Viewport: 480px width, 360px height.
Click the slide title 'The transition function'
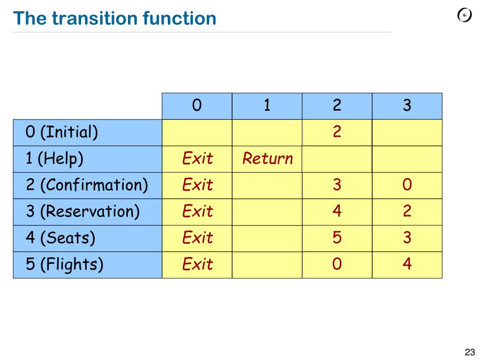(x=115, y=19)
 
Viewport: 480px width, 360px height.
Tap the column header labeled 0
(x=197, y=106)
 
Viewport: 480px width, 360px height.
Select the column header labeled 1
(x=267, y=106)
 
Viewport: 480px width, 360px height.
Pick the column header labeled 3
(x=407, y=106)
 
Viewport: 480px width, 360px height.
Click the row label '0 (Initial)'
(x=62, y=133)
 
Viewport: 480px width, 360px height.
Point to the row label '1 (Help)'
(x=54, y=159)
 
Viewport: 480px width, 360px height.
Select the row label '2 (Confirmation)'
(x=87, y=185)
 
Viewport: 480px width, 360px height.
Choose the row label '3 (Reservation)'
(x=82, y=212)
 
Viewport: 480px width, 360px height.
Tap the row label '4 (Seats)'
(x=60, y=238)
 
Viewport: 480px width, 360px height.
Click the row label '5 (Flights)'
(x=64, y=264)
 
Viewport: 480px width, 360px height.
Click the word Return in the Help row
(x=267, y=159)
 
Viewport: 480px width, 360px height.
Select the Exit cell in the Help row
(x=197, y=159)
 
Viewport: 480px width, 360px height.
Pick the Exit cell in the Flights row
(x=197, y=264)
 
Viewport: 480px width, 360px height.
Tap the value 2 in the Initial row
(x=337, y=132)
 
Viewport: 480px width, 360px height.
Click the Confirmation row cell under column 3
(x=407, y=185)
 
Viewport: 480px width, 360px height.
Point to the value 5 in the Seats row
(x=337, y=238)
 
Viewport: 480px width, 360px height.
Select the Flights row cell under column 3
(x=407, y=264)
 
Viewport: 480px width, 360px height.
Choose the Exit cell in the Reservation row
(x=197, y=212)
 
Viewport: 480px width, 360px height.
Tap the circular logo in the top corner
(x=464, y=15)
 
